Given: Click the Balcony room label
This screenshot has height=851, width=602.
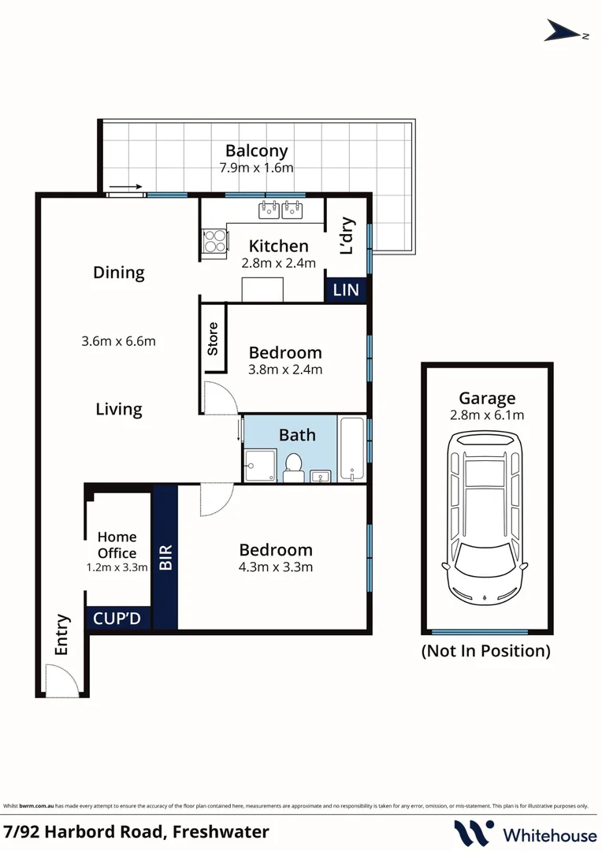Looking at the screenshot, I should tap(256, 151).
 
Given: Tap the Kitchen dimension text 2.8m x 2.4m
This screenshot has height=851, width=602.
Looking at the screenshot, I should tap(278, 263).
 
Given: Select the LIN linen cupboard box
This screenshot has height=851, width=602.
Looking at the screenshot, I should tap(346, 290).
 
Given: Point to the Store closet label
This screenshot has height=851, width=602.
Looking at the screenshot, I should tap(213, 339).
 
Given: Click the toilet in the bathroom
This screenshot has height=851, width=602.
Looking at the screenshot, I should tap(293, 467).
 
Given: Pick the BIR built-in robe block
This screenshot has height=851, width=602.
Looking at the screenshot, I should tap(165, 558).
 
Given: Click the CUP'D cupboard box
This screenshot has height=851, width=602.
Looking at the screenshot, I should tap(117, 619).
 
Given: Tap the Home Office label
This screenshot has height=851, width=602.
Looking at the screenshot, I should tap(117, 544).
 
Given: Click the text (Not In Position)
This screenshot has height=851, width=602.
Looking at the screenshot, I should tap(485, 651).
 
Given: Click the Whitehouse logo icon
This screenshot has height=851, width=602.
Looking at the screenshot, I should tap(474, 833).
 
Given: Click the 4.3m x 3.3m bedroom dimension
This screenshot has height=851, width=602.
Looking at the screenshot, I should tap(276, 567).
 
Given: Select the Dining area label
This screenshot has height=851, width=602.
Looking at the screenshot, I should tap(119, 273).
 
